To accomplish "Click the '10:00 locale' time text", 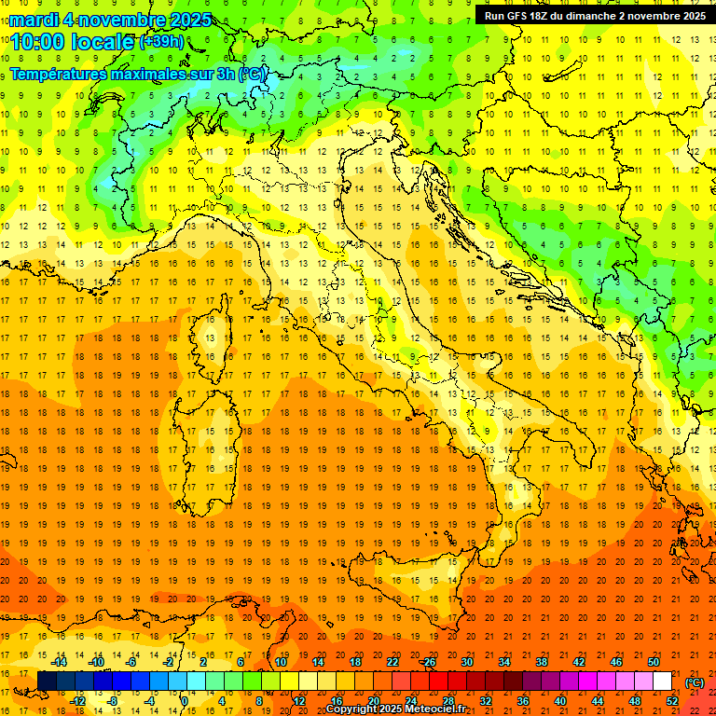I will click(73, 42).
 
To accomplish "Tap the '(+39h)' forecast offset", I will click(161, 42).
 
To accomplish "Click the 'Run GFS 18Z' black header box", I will click(594, 16).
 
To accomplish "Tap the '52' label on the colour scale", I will click(672, 700).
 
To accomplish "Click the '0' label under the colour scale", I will click(185, 700).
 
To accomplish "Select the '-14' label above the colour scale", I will click(59, 662).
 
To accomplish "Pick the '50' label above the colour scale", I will click(653, 662).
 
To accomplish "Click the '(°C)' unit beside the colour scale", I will click(695, 682).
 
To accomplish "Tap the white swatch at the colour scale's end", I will click(662, 682).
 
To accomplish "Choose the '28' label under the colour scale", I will click(447, 700).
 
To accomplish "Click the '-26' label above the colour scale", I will click(428, 662).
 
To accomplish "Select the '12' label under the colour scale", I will click(298, 700).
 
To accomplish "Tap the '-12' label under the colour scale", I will click(77, 700).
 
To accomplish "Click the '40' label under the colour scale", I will click(559, 700).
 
